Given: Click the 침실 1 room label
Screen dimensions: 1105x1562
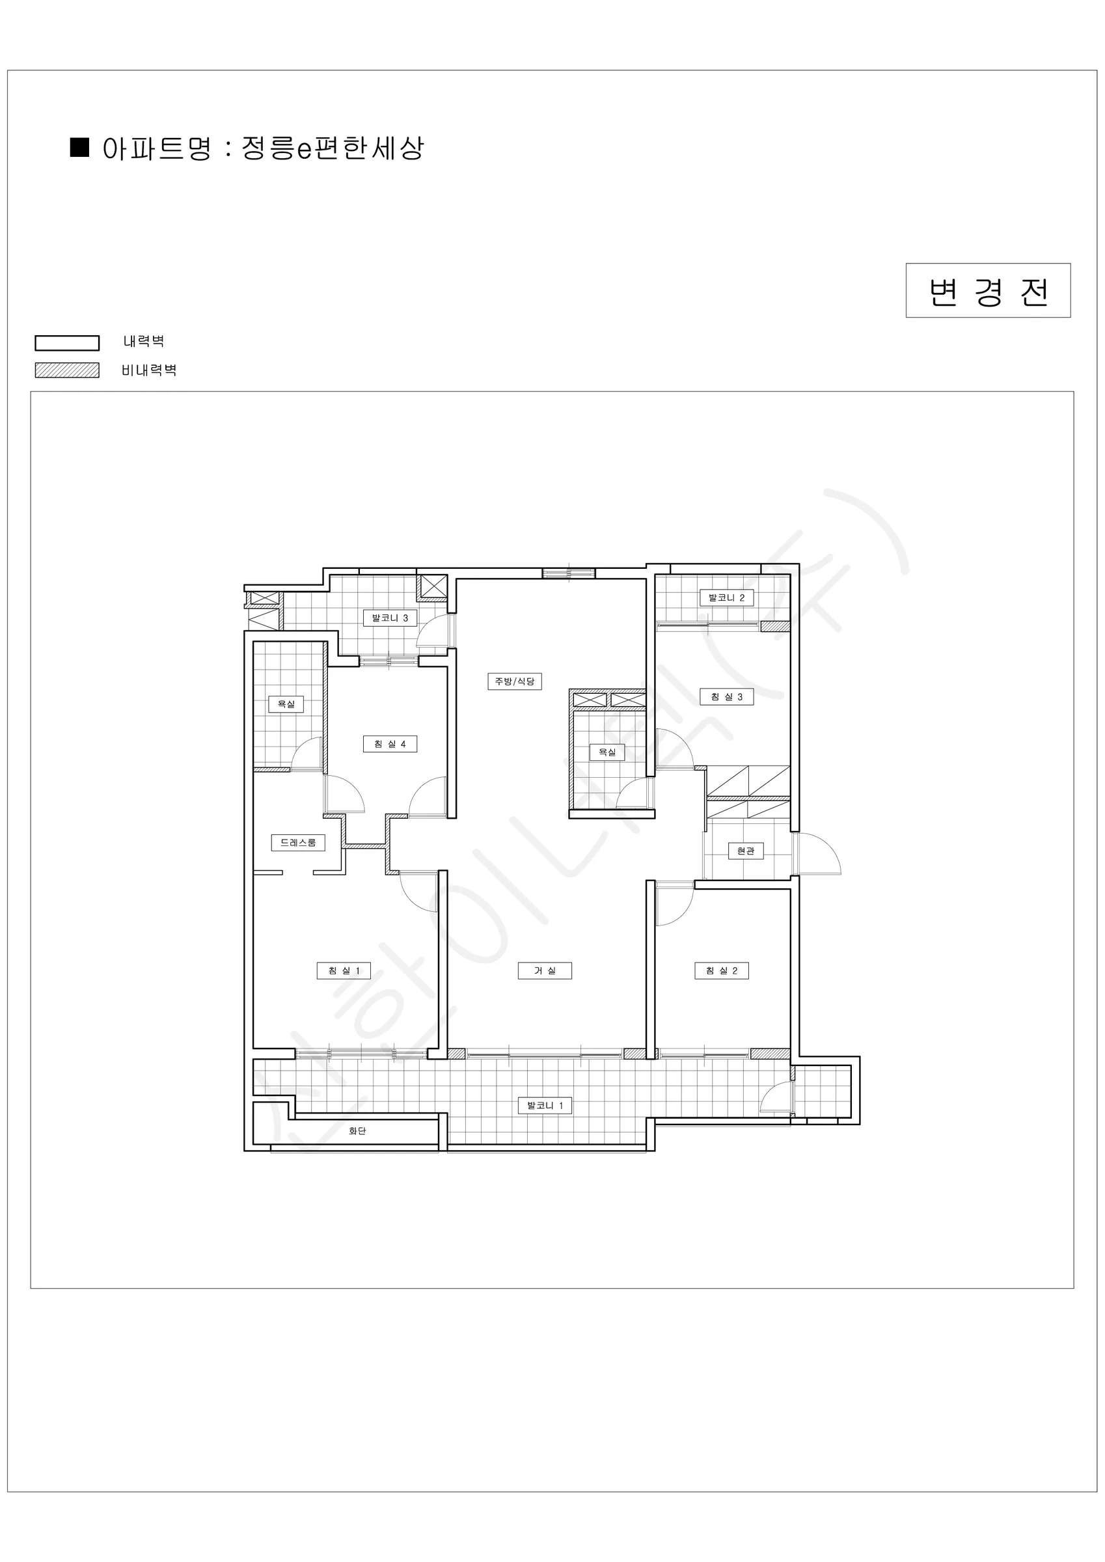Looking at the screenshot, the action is coord(344,971).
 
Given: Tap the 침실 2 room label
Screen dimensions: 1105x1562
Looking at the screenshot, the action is coord(722,971).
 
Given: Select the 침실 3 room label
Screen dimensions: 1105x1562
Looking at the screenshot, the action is coord(727,696).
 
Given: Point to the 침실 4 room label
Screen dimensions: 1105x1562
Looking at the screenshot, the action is coord(390,745).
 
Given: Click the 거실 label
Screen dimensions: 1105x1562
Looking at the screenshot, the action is coord(545,971).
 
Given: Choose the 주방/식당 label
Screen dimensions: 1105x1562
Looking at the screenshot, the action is coord(515,681).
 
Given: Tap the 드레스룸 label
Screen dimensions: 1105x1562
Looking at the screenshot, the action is coord(298,842).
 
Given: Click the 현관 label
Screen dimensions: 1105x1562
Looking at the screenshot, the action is coord(746,851).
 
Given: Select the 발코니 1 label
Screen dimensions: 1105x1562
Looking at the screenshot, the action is coord(545,1106).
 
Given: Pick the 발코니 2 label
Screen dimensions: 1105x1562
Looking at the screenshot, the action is coord(727,598).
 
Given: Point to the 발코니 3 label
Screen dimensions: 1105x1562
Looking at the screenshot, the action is coord(390,618).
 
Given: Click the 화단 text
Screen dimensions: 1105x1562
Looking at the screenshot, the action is coord(357,1131).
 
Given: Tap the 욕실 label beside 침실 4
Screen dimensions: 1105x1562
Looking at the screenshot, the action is coord(286,704).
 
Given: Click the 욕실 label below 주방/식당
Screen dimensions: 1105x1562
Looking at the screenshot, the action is coord(607,752).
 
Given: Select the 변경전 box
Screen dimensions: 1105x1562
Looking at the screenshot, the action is coord(988,290).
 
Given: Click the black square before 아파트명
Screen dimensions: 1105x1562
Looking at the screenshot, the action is coord(80,147).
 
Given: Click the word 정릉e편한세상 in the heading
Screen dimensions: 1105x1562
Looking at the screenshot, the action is coord(333,148).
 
